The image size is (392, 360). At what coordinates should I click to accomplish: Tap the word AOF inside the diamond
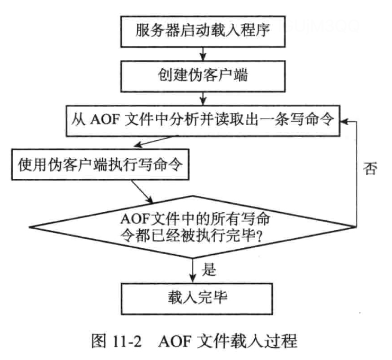[137, 218]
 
